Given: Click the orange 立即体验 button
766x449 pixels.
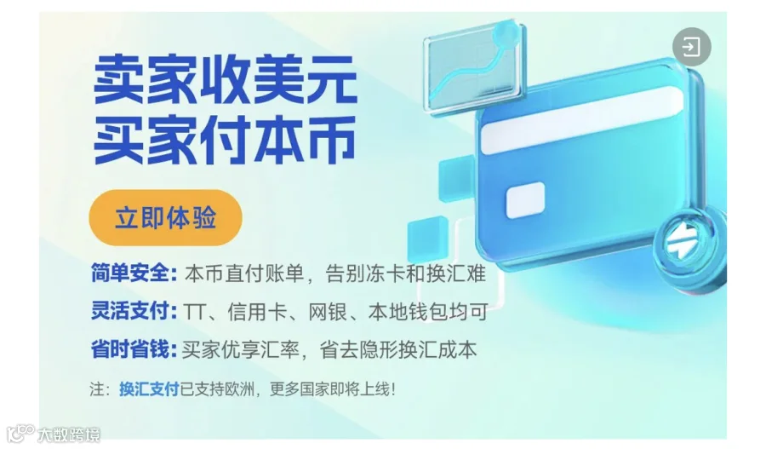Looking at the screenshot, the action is (165, 217).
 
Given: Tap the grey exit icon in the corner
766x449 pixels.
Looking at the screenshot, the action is (691, 47).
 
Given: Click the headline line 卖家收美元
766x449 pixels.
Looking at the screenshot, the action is (226, 79).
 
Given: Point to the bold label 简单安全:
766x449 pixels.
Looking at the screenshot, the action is (134, 273).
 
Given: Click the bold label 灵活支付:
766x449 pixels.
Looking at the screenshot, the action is (134, 311).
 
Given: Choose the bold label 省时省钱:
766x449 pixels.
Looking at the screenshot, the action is (134, 349).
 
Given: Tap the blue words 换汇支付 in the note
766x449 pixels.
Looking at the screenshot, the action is (149, 389).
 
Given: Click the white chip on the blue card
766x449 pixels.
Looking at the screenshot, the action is (525, 199).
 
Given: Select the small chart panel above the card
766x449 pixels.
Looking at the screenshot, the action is (473, 68).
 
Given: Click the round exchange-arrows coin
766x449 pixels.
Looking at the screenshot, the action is (689, 250).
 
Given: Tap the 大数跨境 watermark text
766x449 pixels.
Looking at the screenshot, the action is (68, 435).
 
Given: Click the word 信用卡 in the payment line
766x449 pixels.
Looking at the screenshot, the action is (257, 312).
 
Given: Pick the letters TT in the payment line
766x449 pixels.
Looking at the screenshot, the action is (194, 312).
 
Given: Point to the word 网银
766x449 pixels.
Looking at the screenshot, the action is (328, 312).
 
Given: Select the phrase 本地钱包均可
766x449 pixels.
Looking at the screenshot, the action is (428, 312).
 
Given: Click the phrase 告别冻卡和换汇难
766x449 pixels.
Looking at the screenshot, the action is (405, 273).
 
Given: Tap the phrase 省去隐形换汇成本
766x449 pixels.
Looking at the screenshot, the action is (397, 349).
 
